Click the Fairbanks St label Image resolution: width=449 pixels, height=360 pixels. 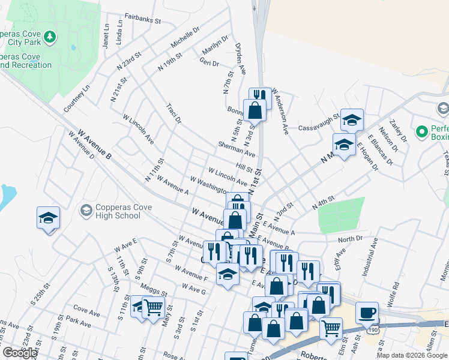pos(143,19)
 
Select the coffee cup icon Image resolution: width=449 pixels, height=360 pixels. pos(367,313)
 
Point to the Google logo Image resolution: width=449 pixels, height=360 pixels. pos(20,352)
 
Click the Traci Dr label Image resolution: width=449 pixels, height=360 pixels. pos(174,112)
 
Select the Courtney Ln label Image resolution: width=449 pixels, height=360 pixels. pos(77,98)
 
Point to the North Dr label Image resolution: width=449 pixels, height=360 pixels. pos(350,239)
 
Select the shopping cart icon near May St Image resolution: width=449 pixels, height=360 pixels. pos(154,307)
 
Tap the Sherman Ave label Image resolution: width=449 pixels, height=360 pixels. pos(237,149)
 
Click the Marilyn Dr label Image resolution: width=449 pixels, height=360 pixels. pos(214,48)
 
